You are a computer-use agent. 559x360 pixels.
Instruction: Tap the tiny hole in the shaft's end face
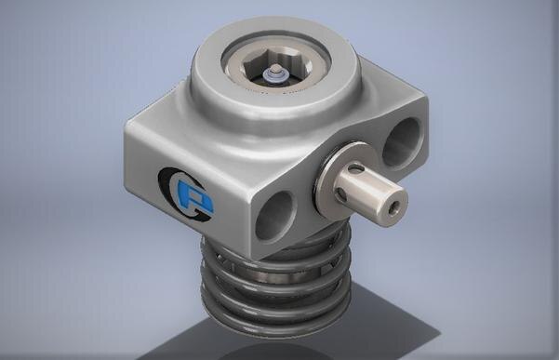tap(398, 198)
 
